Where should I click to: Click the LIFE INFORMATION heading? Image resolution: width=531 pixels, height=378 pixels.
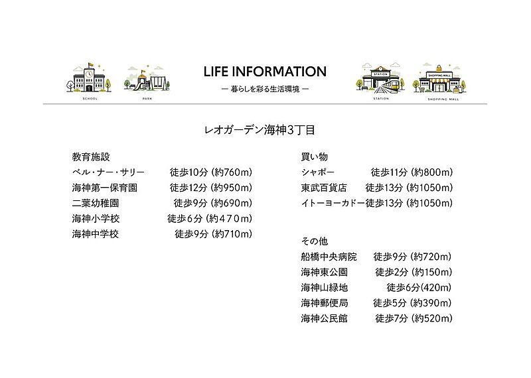[x=265, y=72]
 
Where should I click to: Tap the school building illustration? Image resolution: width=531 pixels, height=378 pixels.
[x=85, y=79]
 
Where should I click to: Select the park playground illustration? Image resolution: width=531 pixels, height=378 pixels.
[x=147, y=80]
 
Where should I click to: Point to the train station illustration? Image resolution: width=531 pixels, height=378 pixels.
[x=380, y=79]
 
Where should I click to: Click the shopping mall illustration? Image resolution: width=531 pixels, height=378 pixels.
[x=437, y=79]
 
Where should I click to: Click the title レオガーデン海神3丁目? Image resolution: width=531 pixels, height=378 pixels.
[x=265, y=130]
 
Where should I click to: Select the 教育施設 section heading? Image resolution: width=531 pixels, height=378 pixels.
[x=90, y=157]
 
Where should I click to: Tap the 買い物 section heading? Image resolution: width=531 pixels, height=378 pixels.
[x=315, y=157]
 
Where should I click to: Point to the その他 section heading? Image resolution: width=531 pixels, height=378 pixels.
[x=315, y=241]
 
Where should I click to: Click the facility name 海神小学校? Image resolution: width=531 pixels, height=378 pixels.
[x=96, y=218]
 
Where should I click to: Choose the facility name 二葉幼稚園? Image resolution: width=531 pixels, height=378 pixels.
[x=96, y=203]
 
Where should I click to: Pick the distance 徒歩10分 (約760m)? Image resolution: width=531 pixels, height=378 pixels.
[x=211, y=172]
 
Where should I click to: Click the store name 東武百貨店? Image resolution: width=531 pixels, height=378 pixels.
[x=324, y=188]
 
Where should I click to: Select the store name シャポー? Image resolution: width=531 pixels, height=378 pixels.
[x=318, y=172]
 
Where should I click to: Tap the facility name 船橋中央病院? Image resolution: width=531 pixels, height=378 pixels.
[x=329, y=257]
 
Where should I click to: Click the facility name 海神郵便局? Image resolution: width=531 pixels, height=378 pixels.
[x=324, y=303]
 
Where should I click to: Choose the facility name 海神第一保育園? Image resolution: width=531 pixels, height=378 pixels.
[x=105, y=188]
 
